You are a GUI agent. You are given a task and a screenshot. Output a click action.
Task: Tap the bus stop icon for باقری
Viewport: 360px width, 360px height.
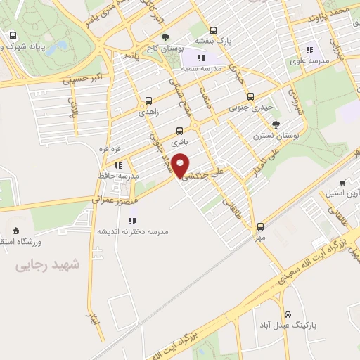pyautogui.click(x=181, y=130)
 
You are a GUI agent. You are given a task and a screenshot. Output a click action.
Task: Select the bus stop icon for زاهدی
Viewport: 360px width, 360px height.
pyautogui.click(x=148, y=101)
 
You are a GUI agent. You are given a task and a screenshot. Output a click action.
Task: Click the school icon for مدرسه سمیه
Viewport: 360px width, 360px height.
pyautogui.click(x=201, y=58)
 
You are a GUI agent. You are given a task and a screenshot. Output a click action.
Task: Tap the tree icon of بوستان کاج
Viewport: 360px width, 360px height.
pyautogui.click(x=165, y=37)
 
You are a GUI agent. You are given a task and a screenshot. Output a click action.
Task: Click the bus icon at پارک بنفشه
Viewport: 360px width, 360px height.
pyautogui.click(x=213, y=30)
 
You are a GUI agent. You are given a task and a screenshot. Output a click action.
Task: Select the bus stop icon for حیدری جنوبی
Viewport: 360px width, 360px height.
pyautogui.click(x=250, y=96)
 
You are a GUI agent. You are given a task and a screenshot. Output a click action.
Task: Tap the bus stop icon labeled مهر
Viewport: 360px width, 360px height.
pyautogui.click(x=261, y=226)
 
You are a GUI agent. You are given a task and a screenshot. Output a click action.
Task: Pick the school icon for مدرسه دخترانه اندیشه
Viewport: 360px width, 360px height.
pyautogui.click(x=131, y=221)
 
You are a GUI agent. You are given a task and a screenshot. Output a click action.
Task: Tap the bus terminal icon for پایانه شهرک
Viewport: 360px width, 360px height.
pyautogui.click(x=13, y=35)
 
